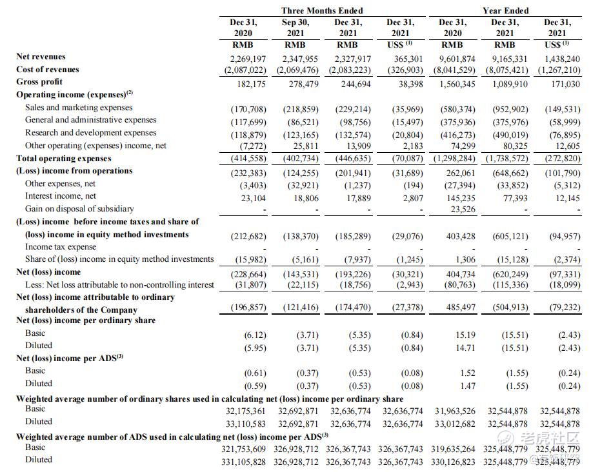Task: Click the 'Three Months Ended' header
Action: pos(322,10)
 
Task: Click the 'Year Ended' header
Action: pos(505,10)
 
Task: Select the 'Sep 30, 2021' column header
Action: pos(295,27)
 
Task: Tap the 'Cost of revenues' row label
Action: pos(48,69)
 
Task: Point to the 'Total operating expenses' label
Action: pos(64,158)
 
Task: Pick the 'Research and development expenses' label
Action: pos(90,133)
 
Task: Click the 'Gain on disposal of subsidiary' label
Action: pos(79,208)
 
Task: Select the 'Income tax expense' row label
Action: pos(61,246)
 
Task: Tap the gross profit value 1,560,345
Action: pos(457,84)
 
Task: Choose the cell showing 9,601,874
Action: pos(457,58)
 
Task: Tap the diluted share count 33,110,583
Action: pos(246,424)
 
